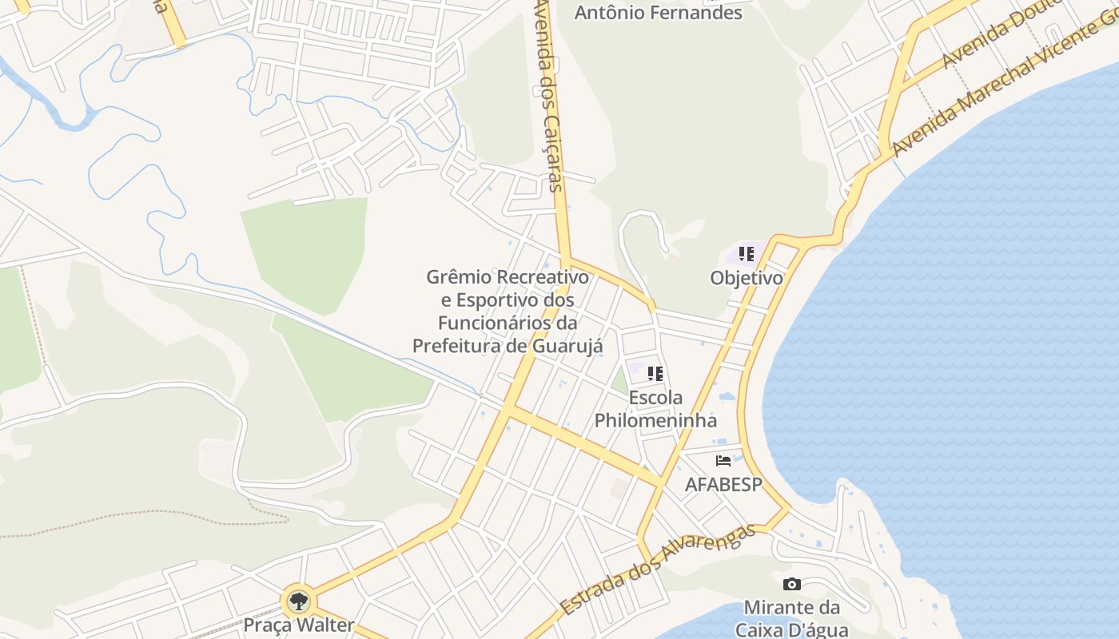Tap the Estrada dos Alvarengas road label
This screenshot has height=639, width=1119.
pyautogui.click(x=658, y=570)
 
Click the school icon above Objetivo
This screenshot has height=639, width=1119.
pyautogui.click(x=747, y=255)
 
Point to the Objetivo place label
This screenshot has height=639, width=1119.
pyautogui.click(x=747, y=278)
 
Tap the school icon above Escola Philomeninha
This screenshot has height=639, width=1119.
pyautogui.click(x=655, y=374)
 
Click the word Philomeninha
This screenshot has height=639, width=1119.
pyautogui.click(x=655, y=420)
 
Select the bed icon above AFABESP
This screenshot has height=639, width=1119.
pyautogui.click(x=723, y=461)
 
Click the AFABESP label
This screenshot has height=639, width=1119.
pyautogui.click(x=723, y=485)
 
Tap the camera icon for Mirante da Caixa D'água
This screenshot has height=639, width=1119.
pyautogui.click(x=792, y=584)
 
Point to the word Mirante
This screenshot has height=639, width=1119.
pyautogui.click(x=775, y=607)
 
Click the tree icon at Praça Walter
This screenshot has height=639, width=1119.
pyautogui.click(x=299, y=601)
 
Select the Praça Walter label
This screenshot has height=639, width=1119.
pyautogui.click(x=299, y=625)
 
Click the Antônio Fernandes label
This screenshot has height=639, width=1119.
pyautogui.click(x=659, y=13)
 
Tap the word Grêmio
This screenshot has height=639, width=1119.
pyautogui.click(x=459, y=277)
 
